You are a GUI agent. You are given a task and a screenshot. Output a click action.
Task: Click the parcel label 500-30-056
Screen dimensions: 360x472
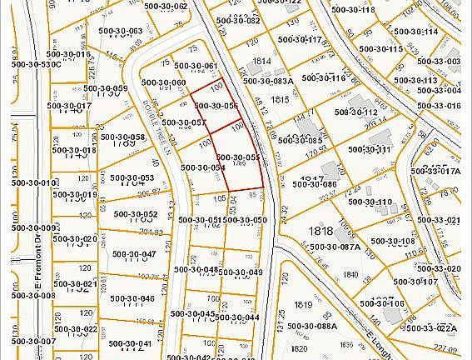(x=219, y=106)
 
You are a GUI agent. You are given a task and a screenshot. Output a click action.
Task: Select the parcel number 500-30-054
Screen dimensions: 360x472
(x=203, y=167)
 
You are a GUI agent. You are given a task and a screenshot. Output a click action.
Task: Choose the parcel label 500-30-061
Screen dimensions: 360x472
(x=197, y=66)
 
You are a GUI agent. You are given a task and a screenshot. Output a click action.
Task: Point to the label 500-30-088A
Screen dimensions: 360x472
(x=314, y=326)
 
